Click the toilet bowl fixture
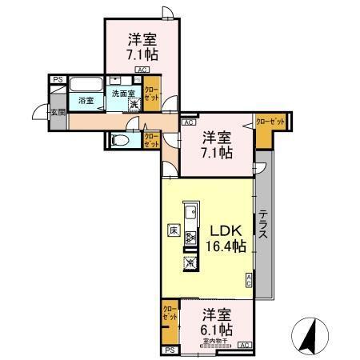121,140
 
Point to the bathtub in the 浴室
84,86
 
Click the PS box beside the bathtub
58,80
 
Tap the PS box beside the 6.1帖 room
169,350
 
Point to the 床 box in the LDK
173,230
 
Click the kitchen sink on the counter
190,214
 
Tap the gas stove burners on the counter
190,238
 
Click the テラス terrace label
263,231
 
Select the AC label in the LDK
249,280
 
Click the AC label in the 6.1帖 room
244,345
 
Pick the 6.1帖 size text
217,329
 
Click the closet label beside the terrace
270,122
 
